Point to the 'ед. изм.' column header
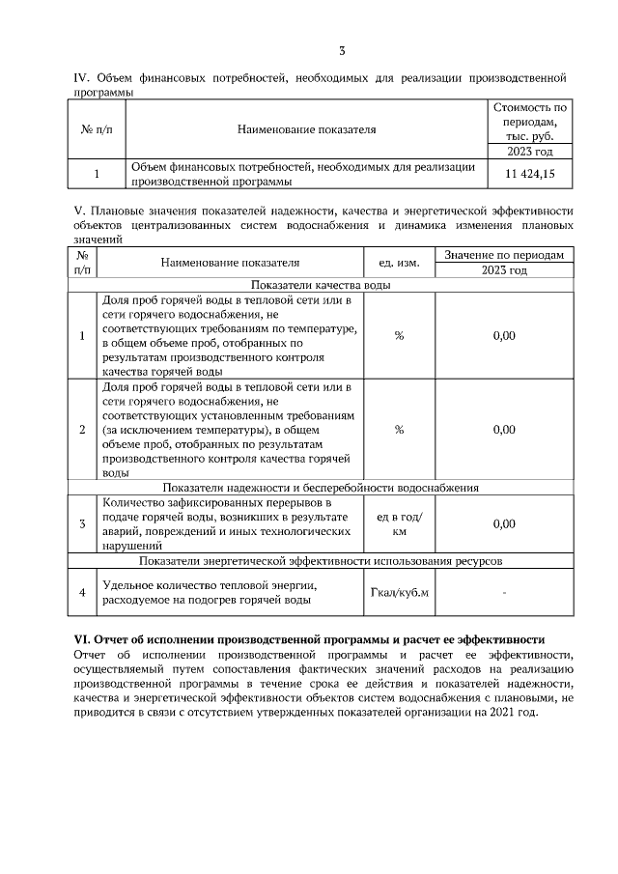[x=398, y=262]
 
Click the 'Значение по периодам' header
[x=504, y=254]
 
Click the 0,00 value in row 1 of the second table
[x=504, y=335]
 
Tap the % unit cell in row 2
[x=398, y=430]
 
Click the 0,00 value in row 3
[x=504, y=523]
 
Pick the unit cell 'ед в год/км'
[x=398, y=523]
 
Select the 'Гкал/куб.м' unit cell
[x=398, y=592]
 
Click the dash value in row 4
[x=504, y=592]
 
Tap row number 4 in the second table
[x=82, y=592]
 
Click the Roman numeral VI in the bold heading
[x=82, y=639]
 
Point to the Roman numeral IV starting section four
[x=82, y=77]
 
